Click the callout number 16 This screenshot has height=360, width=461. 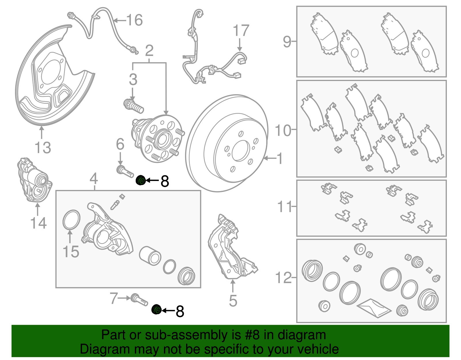(x=134, y=20)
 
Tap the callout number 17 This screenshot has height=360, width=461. (x=241, y=31)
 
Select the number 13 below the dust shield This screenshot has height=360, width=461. (x=43, y=148)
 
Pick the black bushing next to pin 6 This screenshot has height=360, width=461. (x=141, y=180)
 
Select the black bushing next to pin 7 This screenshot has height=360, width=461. (x=157, y=310)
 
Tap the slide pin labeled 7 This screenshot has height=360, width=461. (x=139, y=300)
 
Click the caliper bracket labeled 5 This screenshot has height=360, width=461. (x=231, y=248)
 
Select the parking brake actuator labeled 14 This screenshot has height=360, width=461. (x=34, y=180)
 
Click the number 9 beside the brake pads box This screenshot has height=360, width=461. (x=287, y=42)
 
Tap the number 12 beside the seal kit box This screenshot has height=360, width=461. (x=284, y=278)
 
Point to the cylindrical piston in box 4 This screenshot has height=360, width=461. (x=150, y=255)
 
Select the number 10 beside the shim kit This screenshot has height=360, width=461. (x=283, y=130)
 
